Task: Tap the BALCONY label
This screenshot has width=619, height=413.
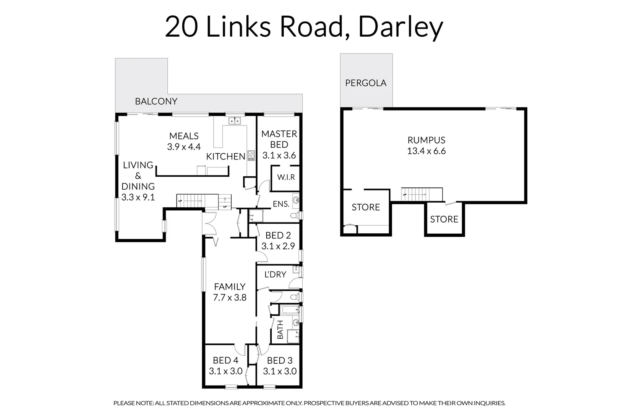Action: click(x=156, y=101)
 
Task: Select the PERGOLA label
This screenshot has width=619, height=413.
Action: click(x=366, y=83)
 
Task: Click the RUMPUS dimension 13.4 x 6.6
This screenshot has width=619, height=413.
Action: click(x=426, y=151)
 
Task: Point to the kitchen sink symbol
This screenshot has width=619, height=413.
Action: click(x=234, y=121)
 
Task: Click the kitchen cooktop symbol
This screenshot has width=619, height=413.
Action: click(x=251, y=155)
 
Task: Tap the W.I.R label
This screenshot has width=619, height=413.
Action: click(x=286, y=177)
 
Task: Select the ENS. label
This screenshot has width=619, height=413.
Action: click(x=281, y=204)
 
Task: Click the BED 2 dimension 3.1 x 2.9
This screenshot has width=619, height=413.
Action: click(x=278, y=246)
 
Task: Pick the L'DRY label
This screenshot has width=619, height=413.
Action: click(x=275, y=274)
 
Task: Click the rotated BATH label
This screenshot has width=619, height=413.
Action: click(x=280, y=330)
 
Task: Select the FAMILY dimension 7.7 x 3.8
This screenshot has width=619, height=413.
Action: click(x=229, y=298)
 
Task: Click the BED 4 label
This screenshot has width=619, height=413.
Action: click(x=225, y=360)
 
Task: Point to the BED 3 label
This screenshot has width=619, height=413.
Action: click(x=280, y=360)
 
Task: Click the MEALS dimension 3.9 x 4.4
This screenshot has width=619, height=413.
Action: click(x=184, y=147)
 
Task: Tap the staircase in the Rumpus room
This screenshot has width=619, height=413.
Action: click(x=421, y=194)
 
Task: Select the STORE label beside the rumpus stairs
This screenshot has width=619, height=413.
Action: click(x=444, y=219)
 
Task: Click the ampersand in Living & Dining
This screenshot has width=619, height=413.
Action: click(x=138, y=176)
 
